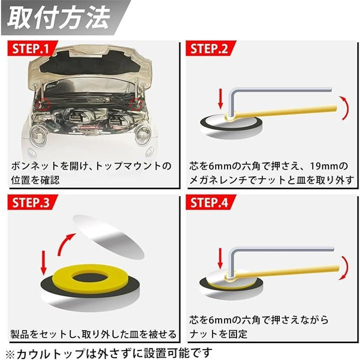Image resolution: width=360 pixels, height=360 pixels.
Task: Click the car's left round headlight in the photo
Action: [39, 135]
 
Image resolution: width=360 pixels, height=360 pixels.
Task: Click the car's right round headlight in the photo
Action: [143, 135]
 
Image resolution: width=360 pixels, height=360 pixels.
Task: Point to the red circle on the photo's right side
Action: [134, 104]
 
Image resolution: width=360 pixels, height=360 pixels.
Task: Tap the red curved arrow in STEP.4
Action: [342, 268]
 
